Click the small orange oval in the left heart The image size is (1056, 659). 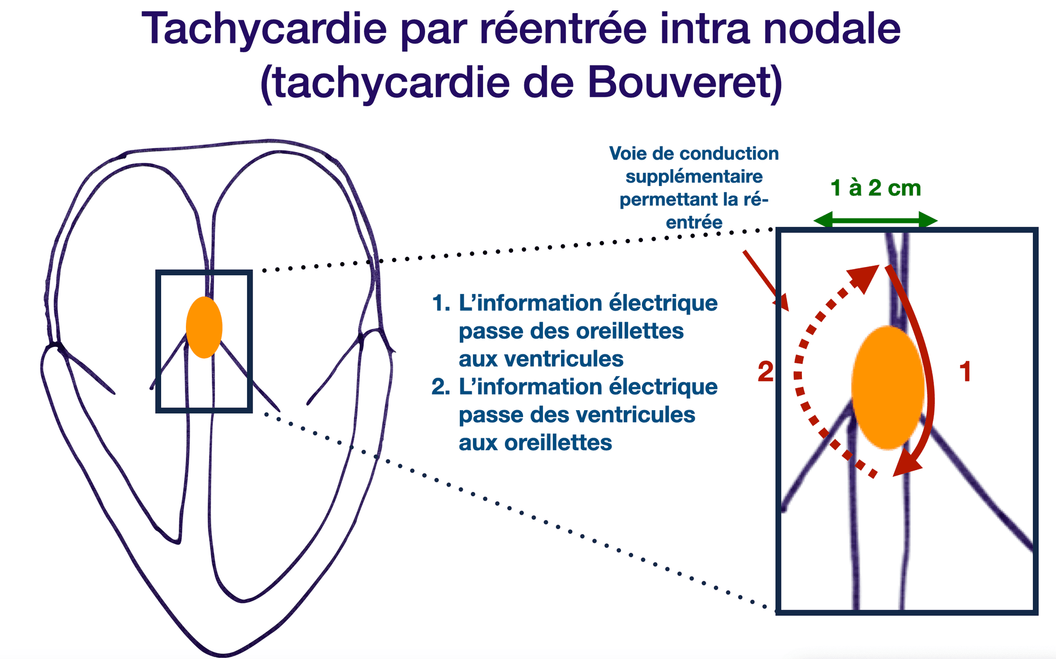coord(204,328)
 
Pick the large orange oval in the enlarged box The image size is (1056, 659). coord(887,388)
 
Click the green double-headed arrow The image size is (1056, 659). coord(875,221)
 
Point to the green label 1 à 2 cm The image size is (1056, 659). coord(875,188)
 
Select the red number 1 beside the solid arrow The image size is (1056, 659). coord(965,372)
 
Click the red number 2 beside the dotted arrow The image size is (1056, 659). coord(765,372)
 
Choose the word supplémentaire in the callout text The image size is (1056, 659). coord(694,177)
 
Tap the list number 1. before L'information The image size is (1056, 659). coord(441,303)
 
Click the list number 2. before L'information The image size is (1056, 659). coord(441,387)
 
